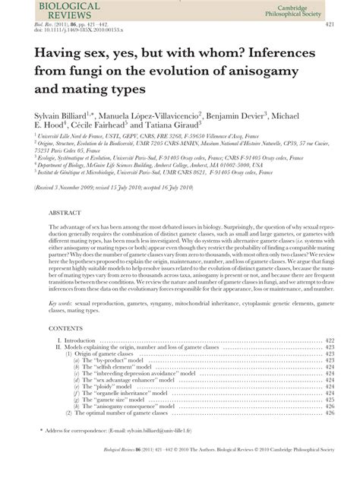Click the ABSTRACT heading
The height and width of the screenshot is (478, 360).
click(x=68, y=214)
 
